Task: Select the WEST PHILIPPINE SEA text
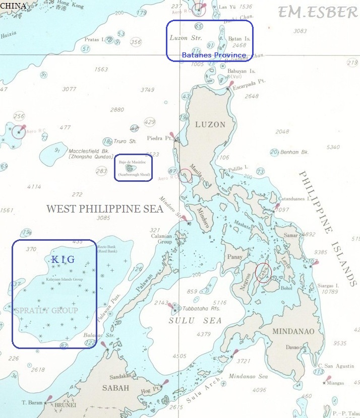104,209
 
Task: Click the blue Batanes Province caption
214,55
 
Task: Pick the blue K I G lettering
63,259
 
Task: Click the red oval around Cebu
263,272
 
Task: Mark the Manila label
196,174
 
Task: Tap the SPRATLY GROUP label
46,310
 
